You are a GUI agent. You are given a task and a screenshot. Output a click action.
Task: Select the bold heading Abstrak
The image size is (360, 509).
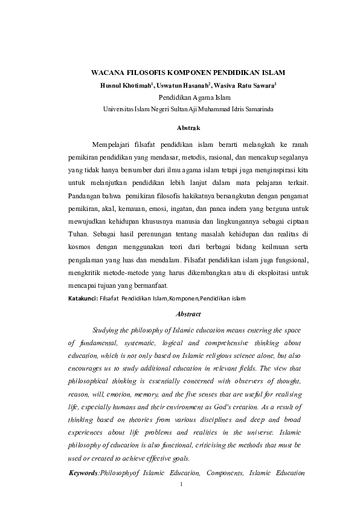pos(184,128)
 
